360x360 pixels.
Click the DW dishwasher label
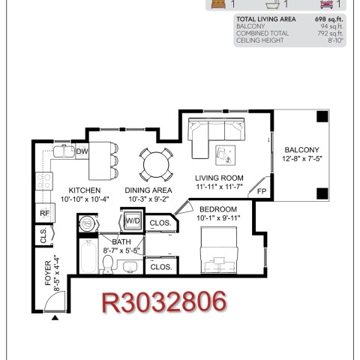tap(82, 151)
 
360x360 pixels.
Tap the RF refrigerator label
tap(44, 213)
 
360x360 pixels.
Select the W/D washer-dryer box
tap(133, 220)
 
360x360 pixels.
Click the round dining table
tap(156, 165)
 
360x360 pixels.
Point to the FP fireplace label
tap(262, 191)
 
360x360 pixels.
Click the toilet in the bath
tap(108, 264)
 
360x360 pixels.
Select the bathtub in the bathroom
tap(88, 256)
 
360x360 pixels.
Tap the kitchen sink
tap(64, 151)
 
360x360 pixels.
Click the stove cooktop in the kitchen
tap(44, 181)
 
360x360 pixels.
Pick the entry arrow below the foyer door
tap(55, 318)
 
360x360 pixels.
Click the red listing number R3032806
tap(164, 301)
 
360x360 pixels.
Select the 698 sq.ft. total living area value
tap(329, 19)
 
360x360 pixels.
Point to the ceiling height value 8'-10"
tap(336, 40)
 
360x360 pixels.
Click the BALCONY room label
tap(302, 150)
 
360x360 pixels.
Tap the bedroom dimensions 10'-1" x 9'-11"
tap(218, 218)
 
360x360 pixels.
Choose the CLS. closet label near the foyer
tap(43, 235)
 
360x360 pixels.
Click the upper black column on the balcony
tap(322, 116)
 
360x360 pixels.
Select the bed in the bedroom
tap(219, 250)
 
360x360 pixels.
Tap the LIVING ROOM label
tap(219, 178)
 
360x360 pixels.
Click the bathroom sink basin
tap(130, 266)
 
